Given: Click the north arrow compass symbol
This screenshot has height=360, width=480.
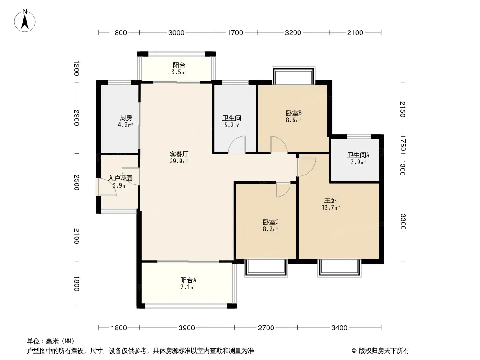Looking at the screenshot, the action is point(25,21).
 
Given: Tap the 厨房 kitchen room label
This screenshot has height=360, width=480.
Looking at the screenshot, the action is point(126,118).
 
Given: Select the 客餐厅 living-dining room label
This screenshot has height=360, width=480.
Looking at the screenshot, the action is point(179,154).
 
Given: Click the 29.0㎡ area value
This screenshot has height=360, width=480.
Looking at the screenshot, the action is point(179,161).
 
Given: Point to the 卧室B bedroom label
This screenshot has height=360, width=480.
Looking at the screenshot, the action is point(294,113).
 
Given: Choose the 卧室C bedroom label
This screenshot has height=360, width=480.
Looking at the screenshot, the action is point(270,222).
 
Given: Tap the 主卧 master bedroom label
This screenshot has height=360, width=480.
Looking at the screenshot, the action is point(331,201).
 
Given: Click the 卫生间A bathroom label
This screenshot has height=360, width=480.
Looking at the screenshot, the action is point(358,155).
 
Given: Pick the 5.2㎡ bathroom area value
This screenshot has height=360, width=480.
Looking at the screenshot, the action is point(232,125).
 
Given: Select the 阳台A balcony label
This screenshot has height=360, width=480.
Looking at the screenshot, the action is point(188,280).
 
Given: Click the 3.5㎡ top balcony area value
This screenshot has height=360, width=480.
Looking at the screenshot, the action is point(179,72).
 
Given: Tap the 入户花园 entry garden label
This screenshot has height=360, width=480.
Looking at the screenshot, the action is point(120,178).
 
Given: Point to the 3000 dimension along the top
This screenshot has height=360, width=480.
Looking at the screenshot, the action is point(177,33).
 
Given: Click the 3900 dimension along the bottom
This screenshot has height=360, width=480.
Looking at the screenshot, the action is point(187,328).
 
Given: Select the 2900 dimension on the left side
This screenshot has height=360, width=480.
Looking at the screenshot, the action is point(77,118).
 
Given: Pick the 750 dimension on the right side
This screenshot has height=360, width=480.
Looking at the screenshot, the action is point(403,145).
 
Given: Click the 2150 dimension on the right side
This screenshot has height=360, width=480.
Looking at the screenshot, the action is point(403,109).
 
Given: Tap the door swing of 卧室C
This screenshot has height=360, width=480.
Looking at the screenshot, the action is point(283,189).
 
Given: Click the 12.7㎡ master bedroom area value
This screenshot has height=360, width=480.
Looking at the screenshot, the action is point(331,208).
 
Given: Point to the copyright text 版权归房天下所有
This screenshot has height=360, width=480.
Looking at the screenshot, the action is point(384,351).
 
